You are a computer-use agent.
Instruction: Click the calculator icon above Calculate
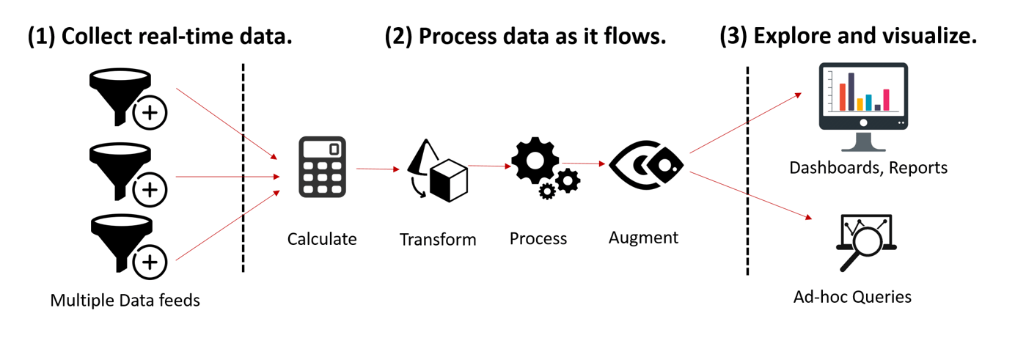click(x=323, y=166)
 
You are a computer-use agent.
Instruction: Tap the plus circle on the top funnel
click(x=150, y=114)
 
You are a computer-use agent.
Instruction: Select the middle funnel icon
click(x=119, y=166)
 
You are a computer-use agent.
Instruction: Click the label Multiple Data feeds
click(x=125, y=300)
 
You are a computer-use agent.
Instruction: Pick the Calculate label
click(x=322, y=239)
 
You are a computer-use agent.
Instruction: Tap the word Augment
click(x=643, y=238)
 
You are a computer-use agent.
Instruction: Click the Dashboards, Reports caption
click(x=868, y=168)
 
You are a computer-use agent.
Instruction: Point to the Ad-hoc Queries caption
click(x=852, y=297)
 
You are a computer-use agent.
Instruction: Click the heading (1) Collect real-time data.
click(x=160, y=37)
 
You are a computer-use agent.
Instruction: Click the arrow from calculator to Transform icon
click(x=378, y=169)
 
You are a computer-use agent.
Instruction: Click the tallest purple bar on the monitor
click(x=851, y=92)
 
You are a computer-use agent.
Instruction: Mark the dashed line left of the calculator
click(x=243, y=169)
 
